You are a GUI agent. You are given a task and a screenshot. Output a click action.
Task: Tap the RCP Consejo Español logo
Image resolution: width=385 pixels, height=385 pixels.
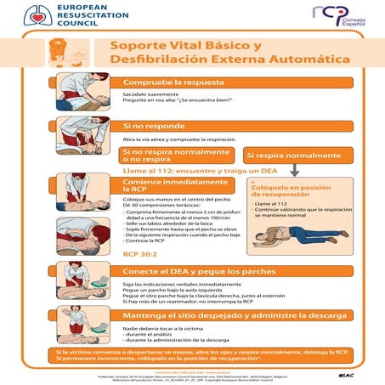(338, 15)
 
